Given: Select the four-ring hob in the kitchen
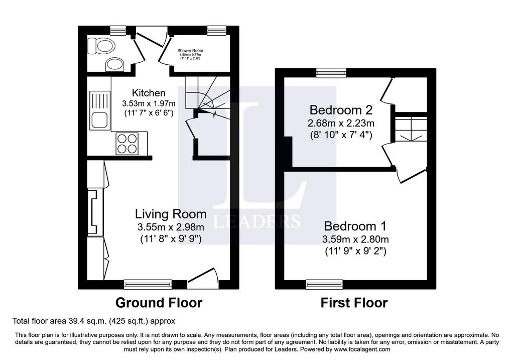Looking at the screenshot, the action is pos(127,144).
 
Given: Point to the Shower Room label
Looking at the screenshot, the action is pos(190,51).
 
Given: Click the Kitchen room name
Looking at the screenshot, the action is pos(149,93).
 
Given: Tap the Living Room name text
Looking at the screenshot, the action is pos(171,214).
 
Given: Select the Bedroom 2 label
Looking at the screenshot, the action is pos(341,110).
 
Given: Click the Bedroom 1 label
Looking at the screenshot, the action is pos(355,226).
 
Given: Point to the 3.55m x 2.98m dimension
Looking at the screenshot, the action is pos(171,227).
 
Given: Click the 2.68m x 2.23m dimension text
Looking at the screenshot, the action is pos(341,124).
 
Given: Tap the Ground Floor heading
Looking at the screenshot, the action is pos(159,303).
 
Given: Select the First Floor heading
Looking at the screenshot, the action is pos(354,303).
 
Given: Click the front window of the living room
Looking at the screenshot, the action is pos(148,284).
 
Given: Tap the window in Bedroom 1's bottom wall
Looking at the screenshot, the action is pos(324,284).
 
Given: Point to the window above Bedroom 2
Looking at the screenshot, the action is pos(331,73).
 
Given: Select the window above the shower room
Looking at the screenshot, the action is pos(217,31).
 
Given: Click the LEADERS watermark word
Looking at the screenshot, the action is pos(256,221).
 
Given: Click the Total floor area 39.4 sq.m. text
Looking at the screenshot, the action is pos(94,321).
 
